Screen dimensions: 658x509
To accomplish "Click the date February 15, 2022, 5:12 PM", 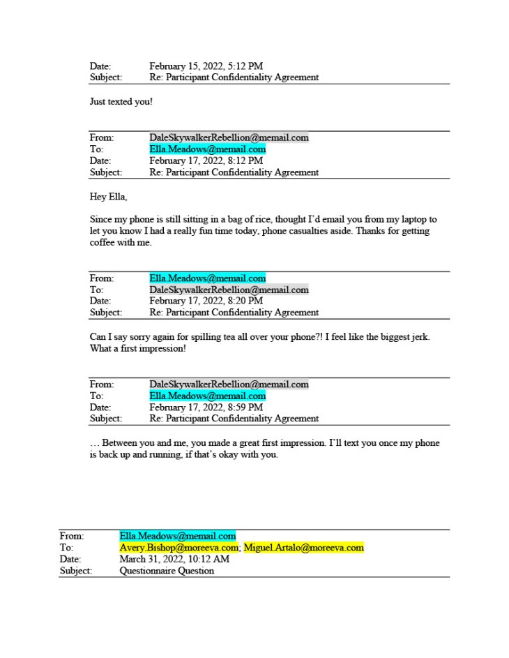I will click(206, 66).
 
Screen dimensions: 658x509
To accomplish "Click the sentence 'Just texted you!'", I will click(121, 102).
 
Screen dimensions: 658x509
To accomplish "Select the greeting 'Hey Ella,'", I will click(108, 197).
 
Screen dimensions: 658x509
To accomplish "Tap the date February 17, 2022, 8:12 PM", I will click(206, 160).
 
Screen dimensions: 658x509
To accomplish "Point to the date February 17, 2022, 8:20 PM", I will click(206, 301).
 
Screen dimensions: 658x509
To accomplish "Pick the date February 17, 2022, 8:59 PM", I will click(206, 407).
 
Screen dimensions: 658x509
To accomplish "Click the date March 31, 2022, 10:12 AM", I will click(174, 560).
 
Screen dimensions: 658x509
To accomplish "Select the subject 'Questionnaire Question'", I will click(167, 571).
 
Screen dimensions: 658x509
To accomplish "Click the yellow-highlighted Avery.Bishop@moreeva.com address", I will click(178, 548).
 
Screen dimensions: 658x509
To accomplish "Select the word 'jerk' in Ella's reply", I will click(418, 337).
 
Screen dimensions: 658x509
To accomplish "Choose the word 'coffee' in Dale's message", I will click(103, 243).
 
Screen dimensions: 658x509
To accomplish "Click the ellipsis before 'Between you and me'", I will click(94, 444).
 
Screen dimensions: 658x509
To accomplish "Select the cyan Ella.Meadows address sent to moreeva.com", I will click(178, 536).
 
